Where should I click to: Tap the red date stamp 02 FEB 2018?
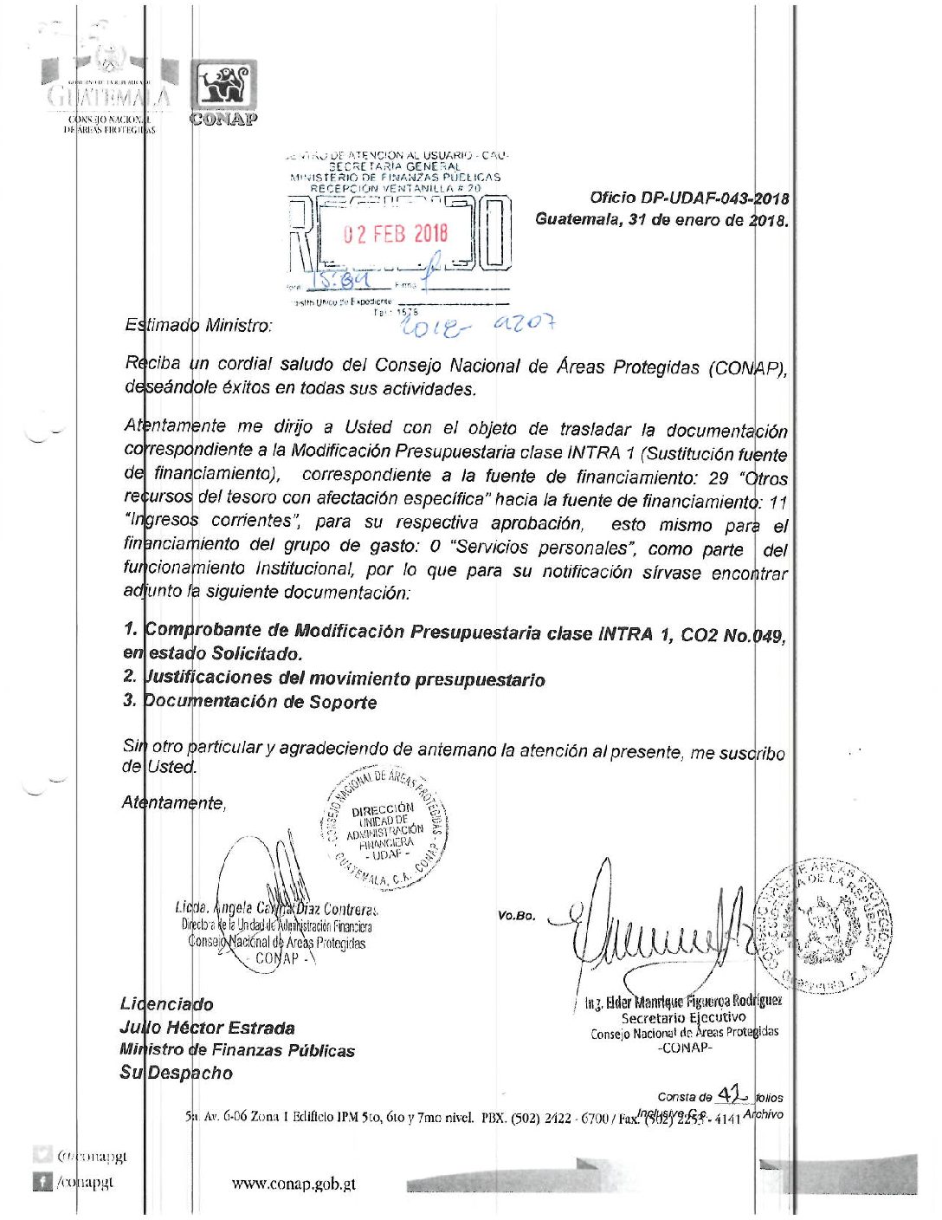(x=397, y=233)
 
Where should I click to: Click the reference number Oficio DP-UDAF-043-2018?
(x=689, y=198)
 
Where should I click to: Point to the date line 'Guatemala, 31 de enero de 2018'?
(x=661, y=220)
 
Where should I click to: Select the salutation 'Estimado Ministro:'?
(x=198, y=326)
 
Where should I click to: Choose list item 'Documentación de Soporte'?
(x=260, y=702)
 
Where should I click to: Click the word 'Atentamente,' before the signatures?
(x=174, y=803)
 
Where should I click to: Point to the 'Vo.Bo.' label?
(x=517, y=916)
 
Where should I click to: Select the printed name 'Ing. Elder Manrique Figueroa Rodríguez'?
(x=683, y=1002)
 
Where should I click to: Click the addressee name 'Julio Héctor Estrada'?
(x=207, y=1029)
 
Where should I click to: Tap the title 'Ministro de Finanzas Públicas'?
(x=237, y=1051)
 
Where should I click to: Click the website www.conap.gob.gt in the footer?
(x=294, y=1184)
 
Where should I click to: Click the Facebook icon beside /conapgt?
(x=42, y=1181)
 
